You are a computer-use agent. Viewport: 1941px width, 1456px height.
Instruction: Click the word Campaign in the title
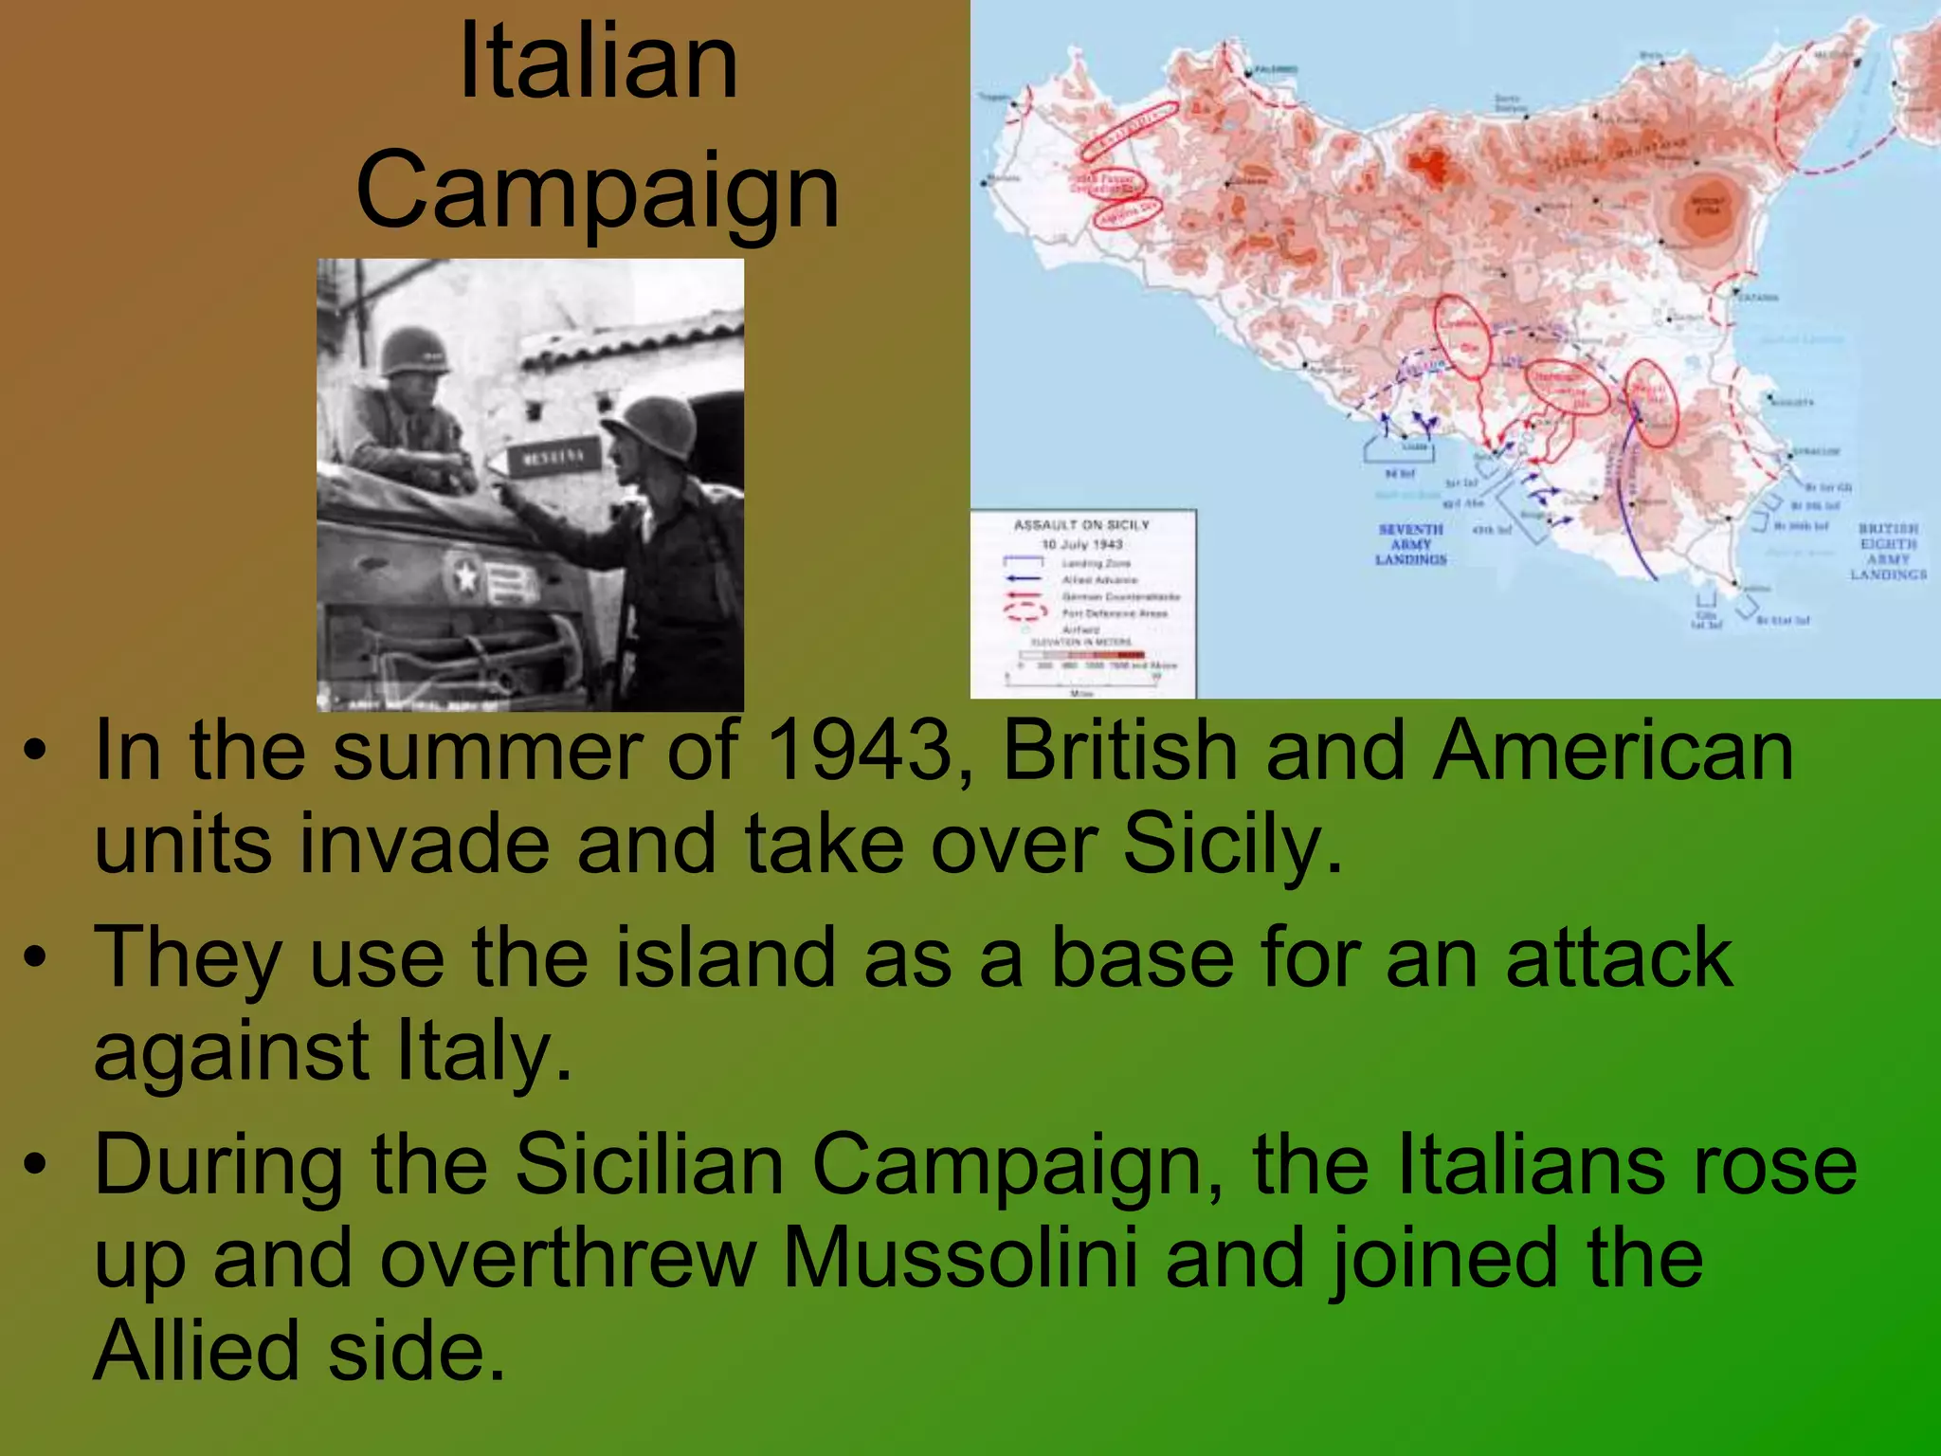(597, 192)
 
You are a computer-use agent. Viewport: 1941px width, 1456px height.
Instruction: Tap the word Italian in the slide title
(597, 64)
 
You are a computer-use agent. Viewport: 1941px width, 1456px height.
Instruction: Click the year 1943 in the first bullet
(859, 751)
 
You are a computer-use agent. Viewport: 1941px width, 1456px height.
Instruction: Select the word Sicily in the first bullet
(1232, 844)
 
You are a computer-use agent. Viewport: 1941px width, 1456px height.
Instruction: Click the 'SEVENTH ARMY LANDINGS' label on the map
(1411, 544)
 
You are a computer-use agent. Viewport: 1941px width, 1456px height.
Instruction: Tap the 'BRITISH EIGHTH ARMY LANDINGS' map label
(1888, 551)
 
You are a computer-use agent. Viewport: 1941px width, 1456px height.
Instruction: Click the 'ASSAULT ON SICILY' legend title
(1081, 525)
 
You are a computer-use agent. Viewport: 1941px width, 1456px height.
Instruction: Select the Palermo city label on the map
(1276, 70)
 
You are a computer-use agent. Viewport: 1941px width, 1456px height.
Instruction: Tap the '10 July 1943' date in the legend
(1081, 544)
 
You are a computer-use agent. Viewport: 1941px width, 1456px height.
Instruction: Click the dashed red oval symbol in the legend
(1025, 611)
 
